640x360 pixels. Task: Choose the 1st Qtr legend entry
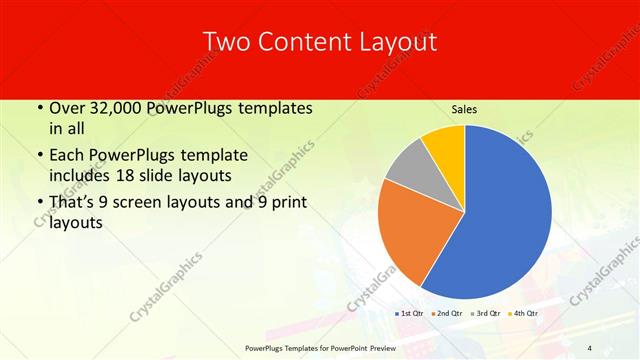pyautogui.click(x=410, y=314)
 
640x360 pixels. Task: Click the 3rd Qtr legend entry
pyautogui.click(x=485, y=314)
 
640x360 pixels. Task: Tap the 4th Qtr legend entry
pyautogui.click(x=523, y=314)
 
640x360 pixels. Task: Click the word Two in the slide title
pyautogui.click(x=225, y=42)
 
